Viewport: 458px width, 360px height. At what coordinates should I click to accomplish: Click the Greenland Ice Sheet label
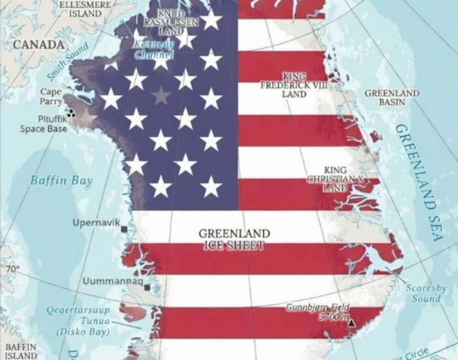(234, 239)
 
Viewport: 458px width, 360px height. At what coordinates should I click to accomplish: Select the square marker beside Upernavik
(124, 229)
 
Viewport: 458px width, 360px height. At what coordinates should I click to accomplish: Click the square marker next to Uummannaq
(147, 288)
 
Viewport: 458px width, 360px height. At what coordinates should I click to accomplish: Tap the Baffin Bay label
(62, 180)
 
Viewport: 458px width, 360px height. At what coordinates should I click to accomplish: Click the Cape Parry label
(51, 96)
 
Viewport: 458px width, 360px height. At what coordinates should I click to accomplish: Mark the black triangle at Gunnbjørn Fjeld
(351, 323)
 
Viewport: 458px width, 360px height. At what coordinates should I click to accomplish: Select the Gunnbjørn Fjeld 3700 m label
(318, 312)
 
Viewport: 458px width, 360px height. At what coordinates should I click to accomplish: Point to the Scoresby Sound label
(426, 293)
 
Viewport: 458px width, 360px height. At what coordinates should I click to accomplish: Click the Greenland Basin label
(392, 98)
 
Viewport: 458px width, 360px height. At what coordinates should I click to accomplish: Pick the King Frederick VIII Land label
(294, 85)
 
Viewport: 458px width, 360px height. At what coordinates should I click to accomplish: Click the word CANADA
(38, 44)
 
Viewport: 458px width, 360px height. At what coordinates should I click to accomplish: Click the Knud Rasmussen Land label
(172, 21)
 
